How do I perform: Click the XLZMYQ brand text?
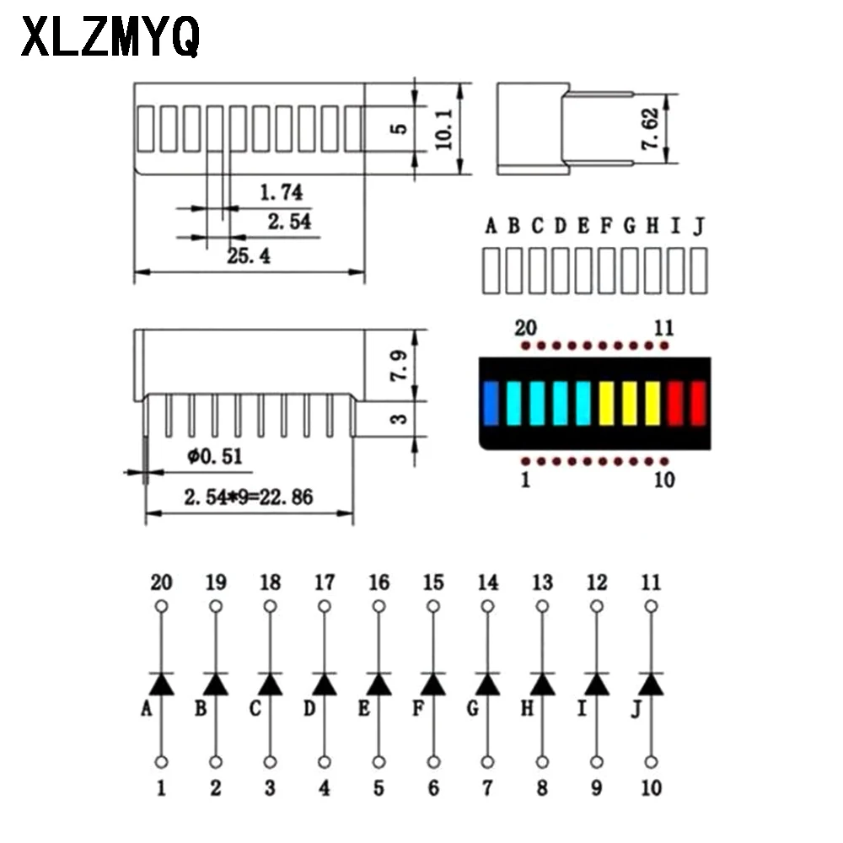(110, 38)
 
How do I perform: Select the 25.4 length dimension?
(248, 256)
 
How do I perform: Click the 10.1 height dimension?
(444, 129)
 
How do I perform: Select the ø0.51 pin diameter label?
(215, 456)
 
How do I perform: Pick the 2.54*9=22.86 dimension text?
(248, 497)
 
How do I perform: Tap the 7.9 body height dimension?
(402, 365)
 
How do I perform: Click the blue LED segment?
(491, 402)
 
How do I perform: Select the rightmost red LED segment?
(697, 402)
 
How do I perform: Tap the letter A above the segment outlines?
(491, 226)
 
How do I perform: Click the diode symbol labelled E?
(379, 685)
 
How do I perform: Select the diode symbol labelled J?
(651, 685)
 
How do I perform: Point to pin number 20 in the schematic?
(161, 583)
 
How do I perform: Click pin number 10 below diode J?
(651, 788)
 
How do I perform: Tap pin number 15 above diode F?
(433, 583)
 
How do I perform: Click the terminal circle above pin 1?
(161, 762)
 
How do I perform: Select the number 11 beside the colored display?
(664, 327)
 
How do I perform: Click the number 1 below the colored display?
(526, 481)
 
